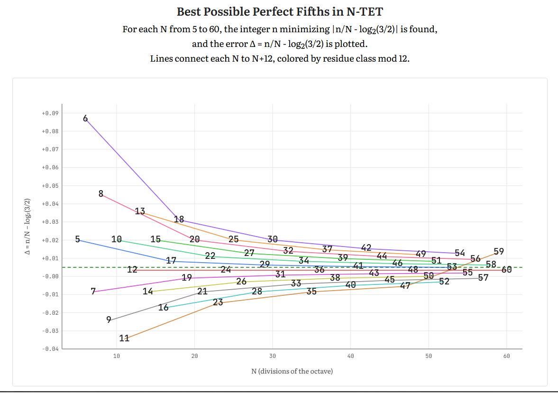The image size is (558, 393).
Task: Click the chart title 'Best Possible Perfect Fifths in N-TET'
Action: (279, 11)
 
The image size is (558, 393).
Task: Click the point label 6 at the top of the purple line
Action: (85, 119)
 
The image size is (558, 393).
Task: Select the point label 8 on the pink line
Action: (101, 193)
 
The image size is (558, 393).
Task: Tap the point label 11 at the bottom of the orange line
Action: (124, 338)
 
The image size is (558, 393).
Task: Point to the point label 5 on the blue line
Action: (78, 239)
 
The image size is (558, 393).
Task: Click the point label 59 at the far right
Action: (499, 251)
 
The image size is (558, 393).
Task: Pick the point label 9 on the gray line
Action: (109, 320)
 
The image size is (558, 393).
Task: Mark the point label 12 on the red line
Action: (132, 270)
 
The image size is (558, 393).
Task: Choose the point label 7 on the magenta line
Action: (93, 291)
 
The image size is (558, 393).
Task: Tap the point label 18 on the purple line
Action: (179, 219)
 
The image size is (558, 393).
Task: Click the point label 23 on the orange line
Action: (218, 302)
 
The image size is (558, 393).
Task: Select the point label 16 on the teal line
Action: (164, 308)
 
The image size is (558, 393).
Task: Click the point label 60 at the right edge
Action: (506, 270)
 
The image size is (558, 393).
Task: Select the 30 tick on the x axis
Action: (273, 356)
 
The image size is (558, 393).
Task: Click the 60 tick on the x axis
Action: (506, 356)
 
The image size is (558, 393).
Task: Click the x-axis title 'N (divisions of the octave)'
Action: (292, 371)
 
